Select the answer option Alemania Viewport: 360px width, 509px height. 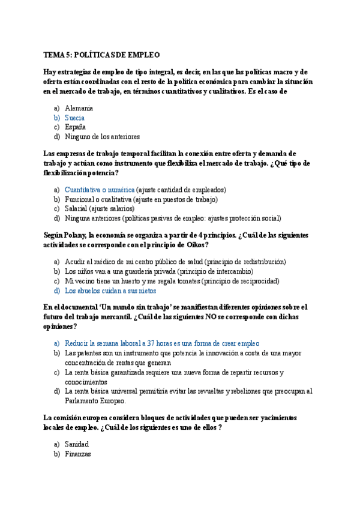click(79, 108)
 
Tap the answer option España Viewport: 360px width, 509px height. click(75, 127)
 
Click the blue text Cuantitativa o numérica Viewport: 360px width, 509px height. click(100, 190)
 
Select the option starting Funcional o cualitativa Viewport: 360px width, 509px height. click(141, 199)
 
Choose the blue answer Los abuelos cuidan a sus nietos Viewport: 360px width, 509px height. click(110, 291)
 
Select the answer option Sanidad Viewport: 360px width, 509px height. click(76, 444)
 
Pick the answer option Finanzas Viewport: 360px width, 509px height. click(77, 454)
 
